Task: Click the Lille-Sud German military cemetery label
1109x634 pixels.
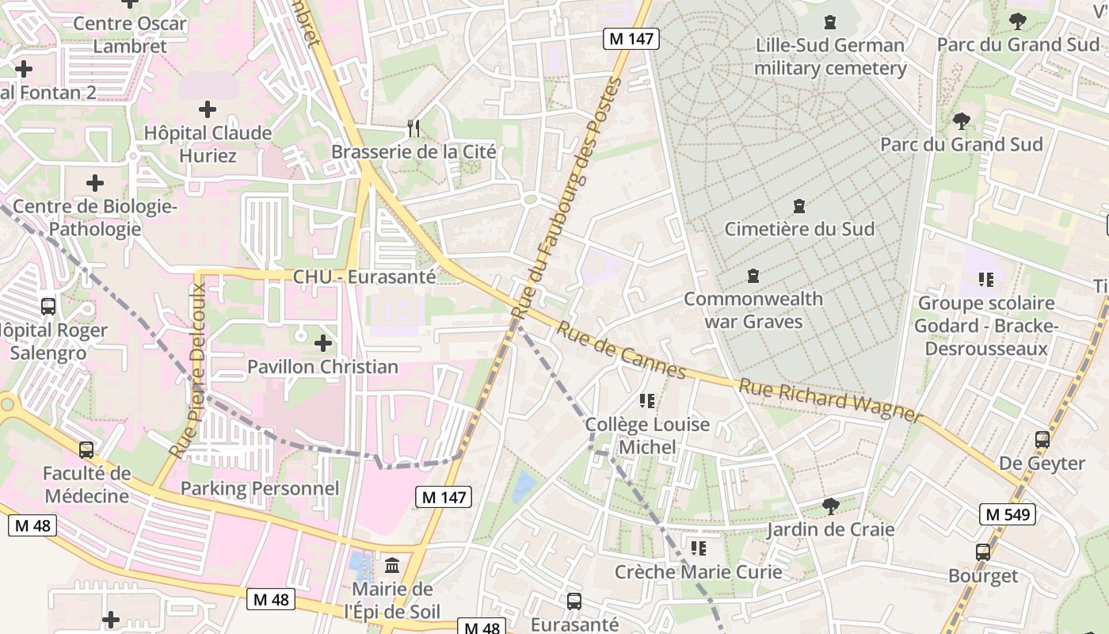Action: coord(829,57)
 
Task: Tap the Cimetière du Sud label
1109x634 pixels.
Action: coord(799,229)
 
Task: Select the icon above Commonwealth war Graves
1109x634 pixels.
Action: coord(753,276)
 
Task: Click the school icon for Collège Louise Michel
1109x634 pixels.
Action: coord(647,401)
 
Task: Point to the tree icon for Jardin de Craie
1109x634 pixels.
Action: coord(830,506)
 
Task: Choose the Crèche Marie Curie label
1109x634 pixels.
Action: coord(698,571)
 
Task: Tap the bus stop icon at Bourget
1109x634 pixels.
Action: coord(983,552)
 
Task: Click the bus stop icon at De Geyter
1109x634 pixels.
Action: coord(1042,439)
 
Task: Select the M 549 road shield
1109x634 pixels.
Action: coord(1007,514)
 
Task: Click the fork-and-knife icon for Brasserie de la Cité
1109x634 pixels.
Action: coord(413,128)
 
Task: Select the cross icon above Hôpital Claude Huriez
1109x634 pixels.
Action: coord(208,109)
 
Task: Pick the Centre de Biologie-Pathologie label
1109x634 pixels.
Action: coord(94,218)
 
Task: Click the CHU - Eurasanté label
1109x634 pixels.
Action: coord(364,277)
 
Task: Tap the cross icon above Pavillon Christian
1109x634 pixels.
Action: coord(322,343)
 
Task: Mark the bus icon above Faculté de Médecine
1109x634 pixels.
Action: coord(86,450)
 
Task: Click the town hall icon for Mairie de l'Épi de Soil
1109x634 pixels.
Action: coord(392,565)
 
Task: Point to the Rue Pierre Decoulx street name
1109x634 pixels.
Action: coord(189,370)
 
